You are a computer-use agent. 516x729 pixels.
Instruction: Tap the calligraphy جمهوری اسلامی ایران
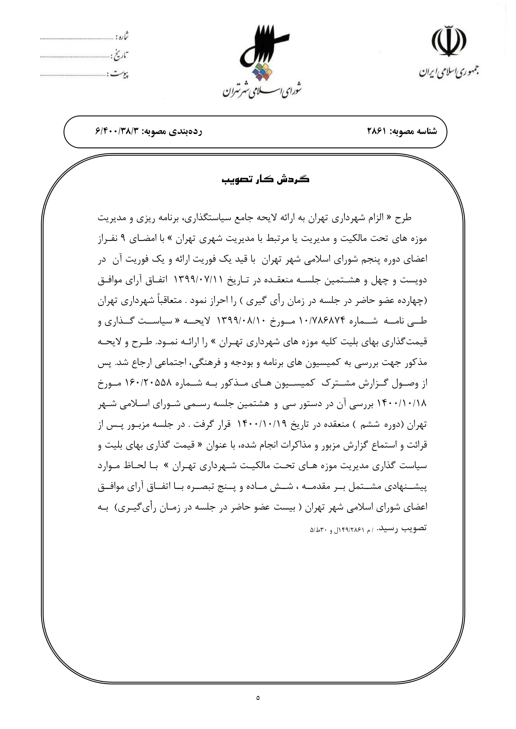[449, 72]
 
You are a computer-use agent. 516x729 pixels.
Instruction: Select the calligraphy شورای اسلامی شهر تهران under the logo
[261, 90]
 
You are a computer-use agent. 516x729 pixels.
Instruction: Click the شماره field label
[122, 36]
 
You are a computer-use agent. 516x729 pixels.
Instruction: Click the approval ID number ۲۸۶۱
[377, 131]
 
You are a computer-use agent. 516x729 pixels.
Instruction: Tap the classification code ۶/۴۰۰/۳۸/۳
[117, 131]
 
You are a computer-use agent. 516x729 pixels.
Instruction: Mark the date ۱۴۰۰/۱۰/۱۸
[401, 404]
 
